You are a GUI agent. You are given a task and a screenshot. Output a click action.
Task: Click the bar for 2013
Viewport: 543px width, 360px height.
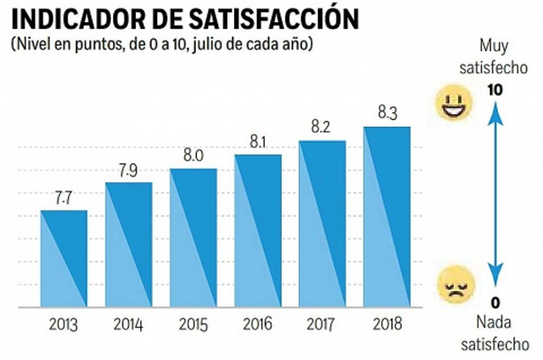pos(64,259)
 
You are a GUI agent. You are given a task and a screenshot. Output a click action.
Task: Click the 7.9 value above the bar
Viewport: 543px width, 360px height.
pos(128,170)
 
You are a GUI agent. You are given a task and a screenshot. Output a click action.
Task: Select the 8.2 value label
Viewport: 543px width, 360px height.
pos(322,127)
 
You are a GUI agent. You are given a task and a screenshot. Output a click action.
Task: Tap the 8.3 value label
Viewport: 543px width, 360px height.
pos(386,113)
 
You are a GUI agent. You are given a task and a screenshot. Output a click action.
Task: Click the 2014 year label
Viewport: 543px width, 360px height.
pos(128,325)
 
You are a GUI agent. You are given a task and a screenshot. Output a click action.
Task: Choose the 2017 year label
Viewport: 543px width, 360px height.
pos(322,325)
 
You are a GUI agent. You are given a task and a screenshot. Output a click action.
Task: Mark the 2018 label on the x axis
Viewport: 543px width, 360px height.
pos(387,325)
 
